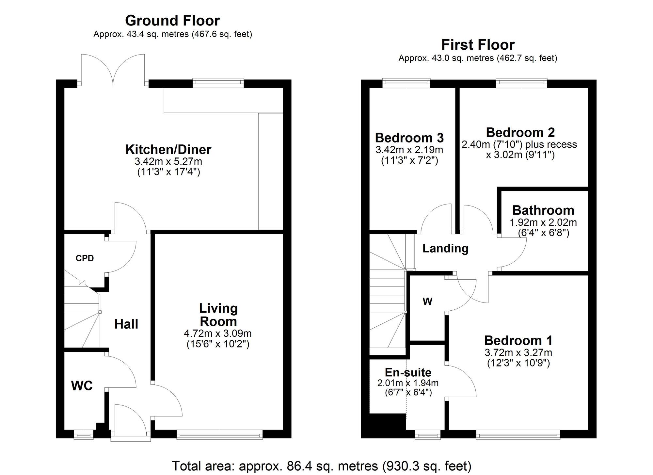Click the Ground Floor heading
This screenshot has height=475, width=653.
[x=172, y=21]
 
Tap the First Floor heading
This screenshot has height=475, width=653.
[x=478, y=45]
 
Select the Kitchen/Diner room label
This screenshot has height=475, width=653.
[x=168, y=150]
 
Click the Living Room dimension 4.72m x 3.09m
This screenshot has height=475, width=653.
[x=218, y=334]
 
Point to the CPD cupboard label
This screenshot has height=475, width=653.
[x=85, y=258]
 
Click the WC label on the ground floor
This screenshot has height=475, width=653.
[x=82, y=386]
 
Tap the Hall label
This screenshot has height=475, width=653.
[x=126, y=324]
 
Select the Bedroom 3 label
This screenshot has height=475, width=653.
[x=409, y=138]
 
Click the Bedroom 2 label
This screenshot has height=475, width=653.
[x=520, y=132]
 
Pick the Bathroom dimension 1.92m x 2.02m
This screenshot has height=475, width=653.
[x=543, y=222]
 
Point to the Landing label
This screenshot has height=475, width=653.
[x=445, y=249]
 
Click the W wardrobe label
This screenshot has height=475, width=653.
[x=427, y=302]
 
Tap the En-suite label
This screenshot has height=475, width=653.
[x=408, y=372]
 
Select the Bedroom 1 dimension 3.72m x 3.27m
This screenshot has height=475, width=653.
[x=518, y=352]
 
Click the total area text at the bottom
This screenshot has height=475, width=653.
[x=322, y=466]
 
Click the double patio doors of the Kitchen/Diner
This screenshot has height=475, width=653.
[x=113, y=70]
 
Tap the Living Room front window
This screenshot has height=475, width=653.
[x=220, y=435]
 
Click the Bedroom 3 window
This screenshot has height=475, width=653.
[x=406, y=83]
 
